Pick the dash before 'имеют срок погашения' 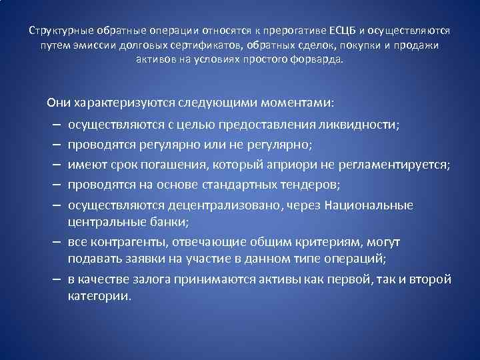coord(54,164)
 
